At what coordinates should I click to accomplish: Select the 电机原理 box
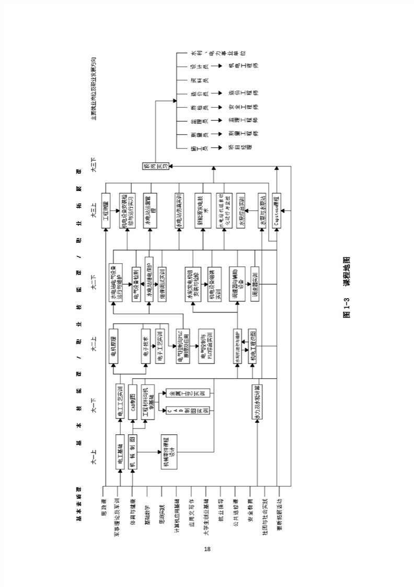coord(113,346)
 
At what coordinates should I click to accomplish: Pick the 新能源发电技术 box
coord(200,209)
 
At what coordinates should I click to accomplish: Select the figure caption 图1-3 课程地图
coord(346,286)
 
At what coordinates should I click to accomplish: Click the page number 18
coord(207,549)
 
